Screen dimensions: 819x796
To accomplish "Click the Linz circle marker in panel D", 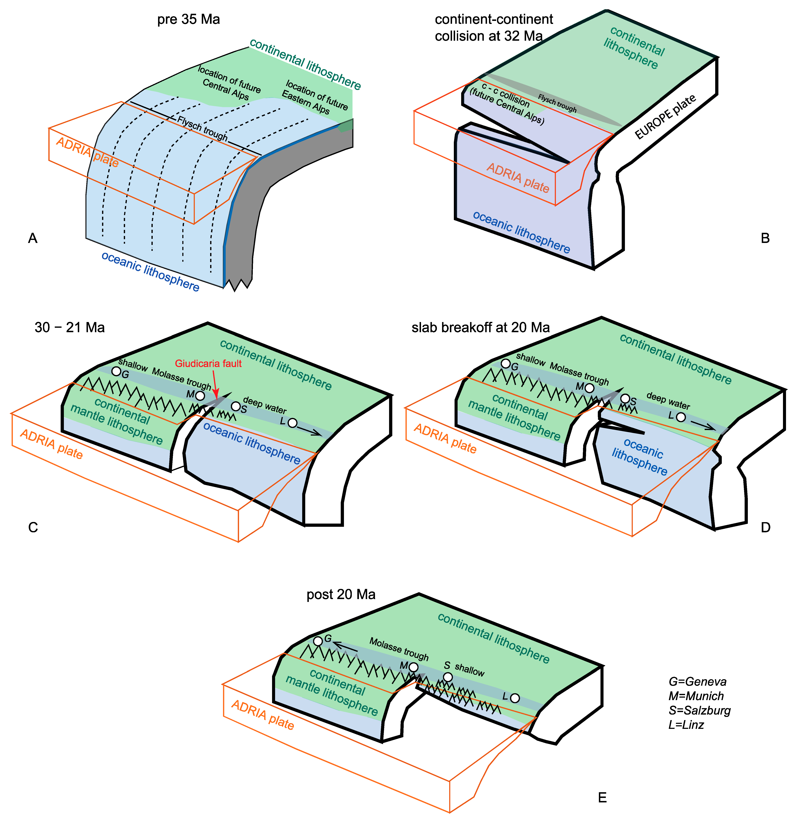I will [x=681, y=417].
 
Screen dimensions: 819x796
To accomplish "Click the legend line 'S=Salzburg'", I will [x=699, y=710].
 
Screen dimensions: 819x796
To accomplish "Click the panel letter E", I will [x=602, y=798].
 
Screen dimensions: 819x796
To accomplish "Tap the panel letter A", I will [x=33, y=238].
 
